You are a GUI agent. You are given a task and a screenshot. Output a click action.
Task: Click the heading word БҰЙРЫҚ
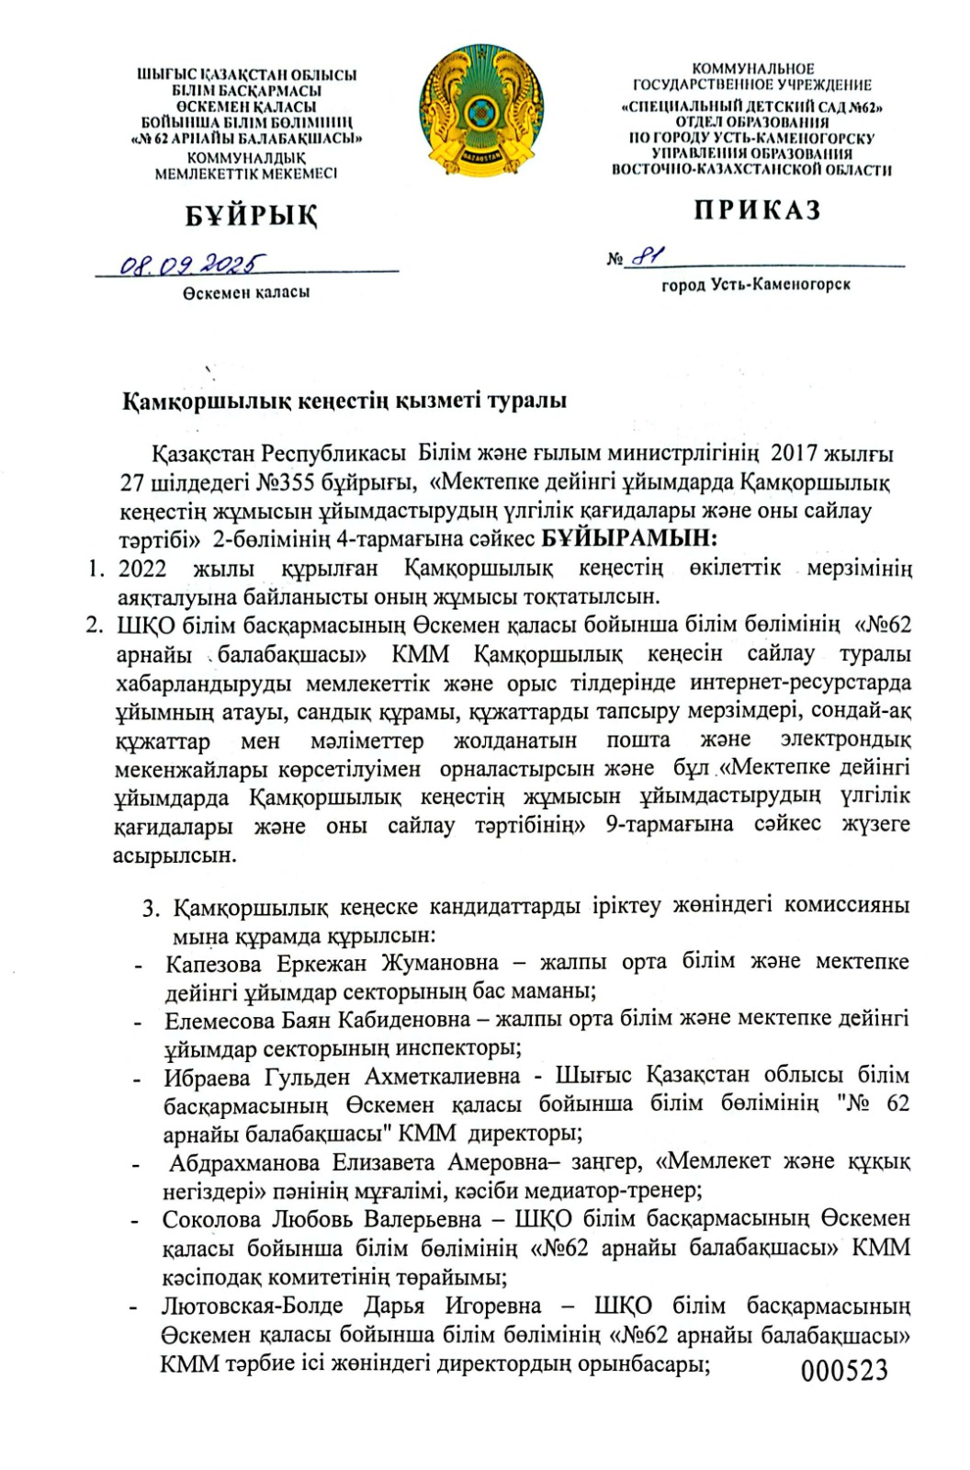click(252, 216)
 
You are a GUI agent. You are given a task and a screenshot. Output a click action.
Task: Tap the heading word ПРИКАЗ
click(757, 210)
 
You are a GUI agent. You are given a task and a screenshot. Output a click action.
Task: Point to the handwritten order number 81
click(649, 256)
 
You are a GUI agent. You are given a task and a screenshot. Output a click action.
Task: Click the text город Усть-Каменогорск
click(756, 285)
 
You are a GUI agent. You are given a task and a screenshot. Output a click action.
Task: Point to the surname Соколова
click(212, 1219)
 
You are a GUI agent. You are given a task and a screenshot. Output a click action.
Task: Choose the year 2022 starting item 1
click(142, 568)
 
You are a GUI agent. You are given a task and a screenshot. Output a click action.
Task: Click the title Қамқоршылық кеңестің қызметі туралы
click(345, 401)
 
